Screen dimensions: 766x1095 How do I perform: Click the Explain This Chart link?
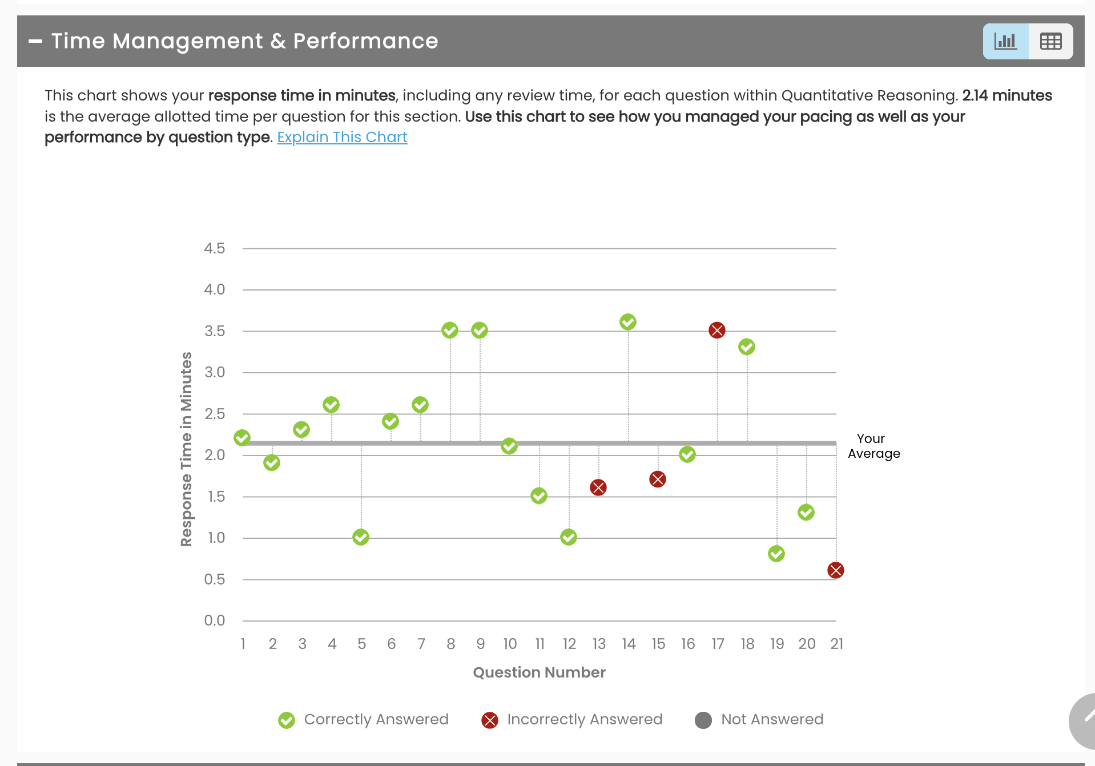342,138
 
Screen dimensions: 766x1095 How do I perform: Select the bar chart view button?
1005,41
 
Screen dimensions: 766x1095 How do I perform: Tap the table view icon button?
1050,41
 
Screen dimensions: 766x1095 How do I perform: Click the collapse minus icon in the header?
35,41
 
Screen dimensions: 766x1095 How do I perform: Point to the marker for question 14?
628,322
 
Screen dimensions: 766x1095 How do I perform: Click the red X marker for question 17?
717,330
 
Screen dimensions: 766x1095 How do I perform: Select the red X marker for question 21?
836,570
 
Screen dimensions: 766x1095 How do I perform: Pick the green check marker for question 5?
361,537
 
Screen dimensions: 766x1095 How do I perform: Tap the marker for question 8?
450,330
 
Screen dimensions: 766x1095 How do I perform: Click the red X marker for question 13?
598,487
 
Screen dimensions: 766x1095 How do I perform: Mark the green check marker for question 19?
776,554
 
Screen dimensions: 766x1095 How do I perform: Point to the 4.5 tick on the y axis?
215,248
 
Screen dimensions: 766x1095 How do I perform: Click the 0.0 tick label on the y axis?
215,620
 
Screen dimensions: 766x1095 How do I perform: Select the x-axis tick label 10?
510,644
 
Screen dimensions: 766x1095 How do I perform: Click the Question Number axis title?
539,672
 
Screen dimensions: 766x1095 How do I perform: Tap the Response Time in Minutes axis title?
186,449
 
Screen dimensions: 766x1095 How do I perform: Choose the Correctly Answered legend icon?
287,720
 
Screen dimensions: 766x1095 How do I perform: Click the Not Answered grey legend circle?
703,720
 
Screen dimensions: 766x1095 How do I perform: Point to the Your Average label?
873,446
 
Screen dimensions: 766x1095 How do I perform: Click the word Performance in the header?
365,41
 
